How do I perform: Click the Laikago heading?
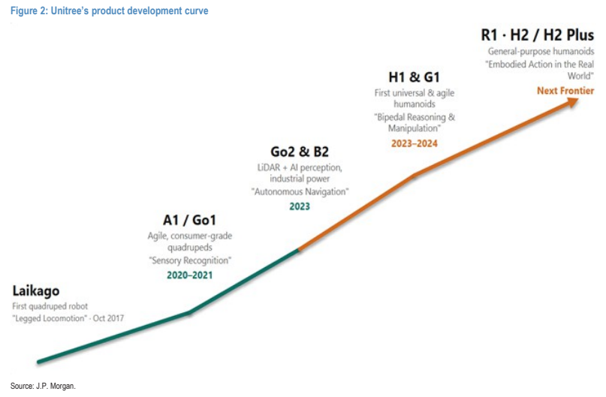pos(36,290)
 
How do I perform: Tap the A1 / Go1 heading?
pos(189,220)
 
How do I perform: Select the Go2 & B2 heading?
pos(300,152)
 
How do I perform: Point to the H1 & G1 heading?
pos(414,77)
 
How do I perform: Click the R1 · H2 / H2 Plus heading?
pos(537,35)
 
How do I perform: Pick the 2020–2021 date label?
pos(189,275)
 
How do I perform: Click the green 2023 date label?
pos(300,206)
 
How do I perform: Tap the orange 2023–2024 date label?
pos(415,143)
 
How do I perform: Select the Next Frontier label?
pos(565,91)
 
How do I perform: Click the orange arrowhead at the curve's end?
pos(571,103)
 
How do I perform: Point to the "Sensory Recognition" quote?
pos(190,260)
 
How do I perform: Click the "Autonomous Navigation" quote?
pos(300,191)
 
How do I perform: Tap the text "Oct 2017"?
pos(108,318)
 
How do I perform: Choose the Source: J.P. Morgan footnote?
pos(43,386)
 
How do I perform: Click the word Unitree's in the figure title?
pos(70,11)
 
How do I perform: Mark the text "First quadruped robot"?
pos(50,306)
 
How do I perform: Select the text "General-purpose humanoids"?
pos(541,51)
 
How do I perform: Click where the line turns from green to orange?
pos(299,250)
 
